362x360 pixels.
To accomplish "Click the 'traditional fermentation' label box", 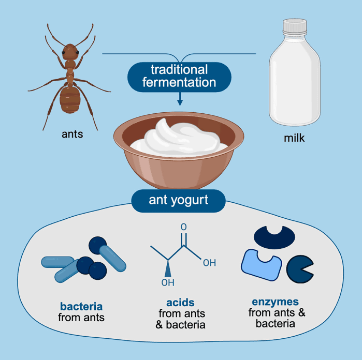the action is pyautogui.click(x=179, y=77).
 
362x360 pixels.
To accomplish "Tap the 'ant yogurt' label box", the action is pyautogui.click(x=179, y=201).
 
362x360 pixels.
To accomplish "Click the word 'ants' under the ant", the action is pyautogui.click(x=73, y=134).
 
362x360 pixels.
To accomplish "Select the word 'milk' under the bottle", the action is pyautogui.click(x=294, y=138).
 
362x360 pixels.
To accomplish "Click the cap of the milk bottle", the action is pyautogui.click(x=295, y=26).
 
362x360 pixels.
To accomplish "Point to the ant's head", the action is pyautogui.click(x=70, y=52).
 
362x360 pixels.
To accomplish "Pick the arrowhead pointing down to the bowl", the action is pyautogui.click(x=180, y=102).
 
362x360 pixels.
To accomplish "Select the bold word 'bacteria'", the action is pyautogui.click(x=81, y=307).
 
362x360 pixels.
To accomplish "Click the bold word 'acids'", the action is pyautogui.click(x=180, y=303).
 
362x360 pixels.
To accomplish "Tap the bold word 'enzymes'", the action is pyautogui.click(x=275, y=302).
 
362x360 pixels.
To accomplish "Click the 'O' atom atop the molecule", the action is pyautogui.click(x=183, y=227).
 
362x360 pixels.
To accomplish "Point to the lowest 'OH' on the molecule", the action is pyautogui.click(x=168, y=282).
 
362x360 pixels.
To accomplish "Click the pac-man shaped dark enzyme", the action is pyautogui.click(x=300, y=269).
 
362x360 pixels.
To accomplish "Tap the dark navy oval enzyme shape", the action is pyautogui.click(x=274, y=237).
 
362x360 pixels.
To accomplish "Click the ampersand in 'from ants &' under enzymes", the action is pyautogui.click(x=302, y=313).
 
